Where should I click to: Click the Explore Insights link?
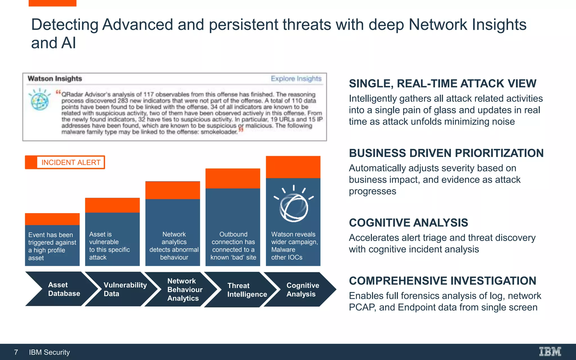click(296, 79)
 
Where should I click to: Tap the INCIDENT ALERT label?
click(71, 163)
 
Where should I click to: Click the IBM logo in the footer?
click(550, 352)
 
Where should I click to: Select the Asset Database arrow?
click(62, 289)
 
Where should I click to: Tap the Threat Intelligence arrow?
click(245, 290)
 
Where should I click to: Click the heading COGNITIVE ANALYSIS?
click(408, 223)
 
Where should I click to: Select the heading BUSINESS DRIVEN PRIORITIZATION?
click(446, 153)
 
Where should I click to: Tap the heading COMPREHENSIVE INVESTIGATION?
click(442, 281)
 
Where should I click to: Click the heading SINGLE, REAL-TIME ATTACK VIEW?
click(442, 84)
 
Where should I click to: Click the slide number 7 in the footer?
click(16, 352)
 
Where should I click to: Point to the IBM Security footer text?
click(49, 352)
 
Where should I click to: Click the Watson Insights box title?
click(55, 79)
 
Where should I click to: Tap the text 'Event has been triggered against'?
click(52, 238)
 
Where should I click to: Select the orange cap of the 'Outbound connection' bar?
click(233, 178)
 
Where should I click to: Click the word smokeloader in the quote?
click(219, 132)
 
